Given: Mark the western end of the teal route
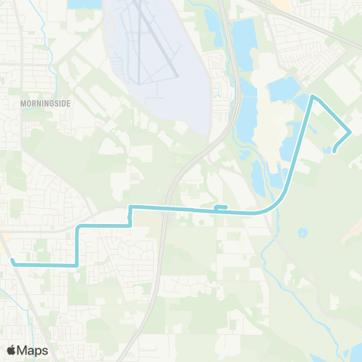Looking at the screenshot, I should click(13, 261).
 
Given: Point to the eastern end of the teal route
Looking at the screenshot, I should click(334, 149).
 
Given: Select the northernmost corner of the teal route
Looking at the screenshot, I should click(313, 97).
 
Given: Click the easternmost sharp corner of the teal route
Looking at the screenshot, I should click(350, 132).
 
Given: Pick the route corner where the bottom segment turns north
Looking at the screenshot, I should click(77, 265).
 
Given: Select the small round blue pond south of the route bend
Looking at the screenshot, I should click(302, 232).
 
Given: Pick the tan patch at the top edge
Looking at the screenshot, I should click(281, 5).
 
